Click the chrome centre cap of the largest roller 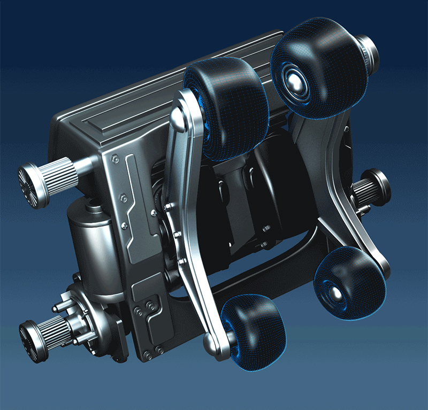pos(295,80)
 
